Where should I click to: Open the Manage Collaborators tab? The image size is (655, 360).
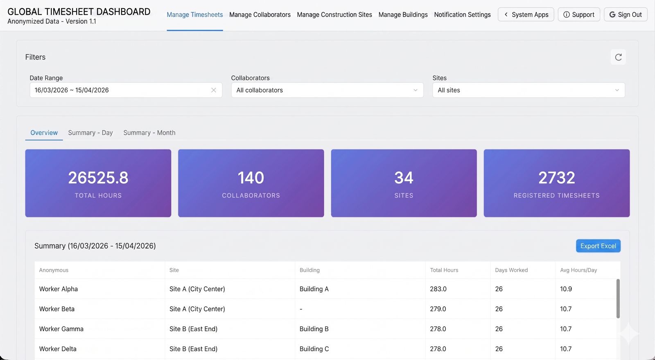point(260,15)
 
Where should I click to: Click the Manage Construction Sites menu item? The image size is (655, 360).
point(334,15)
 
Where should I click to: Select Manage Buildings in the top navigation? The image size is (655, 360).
point(403,15)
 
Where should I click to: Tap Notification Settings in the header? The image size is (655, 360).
point(462,15)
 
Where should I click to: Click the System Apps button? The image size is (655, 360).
point(526,15)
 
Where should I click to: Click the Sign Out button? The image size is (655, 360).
point(625,15)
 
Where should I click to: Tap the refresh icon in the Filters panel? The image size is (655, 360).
point(618,57)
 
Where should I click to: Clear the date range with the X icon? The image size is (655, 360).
point(214,90)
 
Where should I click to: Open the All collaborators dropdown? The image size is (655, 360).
point(327,90)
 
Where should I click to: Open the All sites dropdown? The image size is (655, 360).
point(529,90)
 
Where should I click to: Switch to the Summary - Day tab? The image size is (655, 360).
point(90,133)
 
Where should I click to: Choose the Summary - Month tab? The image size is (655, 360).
point(149,133)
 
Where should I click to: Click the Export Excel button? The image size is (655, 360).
point(598,246)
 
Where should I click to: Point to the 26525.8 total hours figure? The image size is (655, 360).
point(98,178)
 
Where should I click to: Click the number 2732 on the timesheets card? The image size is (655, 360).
point(556,178)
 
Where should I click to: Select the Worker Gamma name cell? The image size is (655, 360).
point(61,329)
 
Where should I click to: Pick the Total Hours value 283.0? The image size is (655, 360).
point(438,289)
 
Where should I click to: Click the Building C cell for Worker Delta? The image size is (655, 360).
point(314,349)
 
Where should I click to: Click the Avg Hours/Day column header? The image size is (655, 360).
point(578,270)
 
